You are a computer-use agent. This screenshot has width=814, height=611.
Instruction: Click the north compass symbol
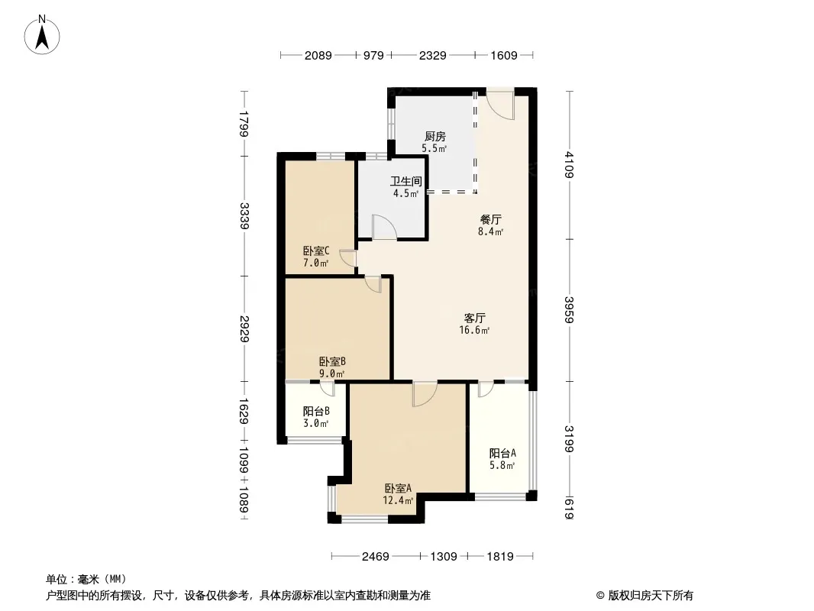pyautogui.click(x=44, y=35)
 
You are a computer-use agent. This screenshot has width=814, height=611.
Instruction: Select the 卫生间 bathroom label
pyautogui.click(x=405, y=182)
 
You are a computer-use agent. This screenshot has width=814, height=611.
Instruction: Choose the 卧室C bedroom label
pyautogui.click(x=315, y=251)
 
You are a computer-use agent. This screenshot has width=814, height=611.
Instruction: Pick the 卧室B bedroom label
pyautogui.click(x=333, y=362)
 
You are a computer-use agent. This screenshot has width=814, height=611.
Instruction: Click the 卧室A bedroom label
pyautogui.click(x=398, y=489)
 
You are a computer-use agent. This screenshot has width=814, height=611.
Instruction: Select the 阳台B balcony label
pyautogui.click(x=315, y=411)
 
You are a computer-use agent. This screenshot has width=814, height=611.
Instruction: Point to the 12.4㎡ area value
pyautogui.click(x=398, y=501)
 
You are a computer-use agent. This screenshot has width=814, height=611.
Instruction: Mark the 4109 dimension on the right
pyautogui.click(x=569, y=165)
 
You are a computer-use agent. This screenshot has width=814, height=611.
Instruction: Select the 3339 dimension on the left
pyautogui.click(x=244, y=215)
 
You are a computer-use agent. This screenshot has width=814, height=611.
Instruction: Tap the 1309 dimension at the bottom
pyautogui.click(x=444, y=557)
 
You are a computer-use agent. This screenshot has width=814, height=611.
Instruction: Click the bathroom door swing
pyautogui.click(x=383, y=228)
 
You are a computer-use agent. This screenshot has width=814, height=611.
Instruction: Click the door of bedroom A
pyautogui.click(x=424, y=393)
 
